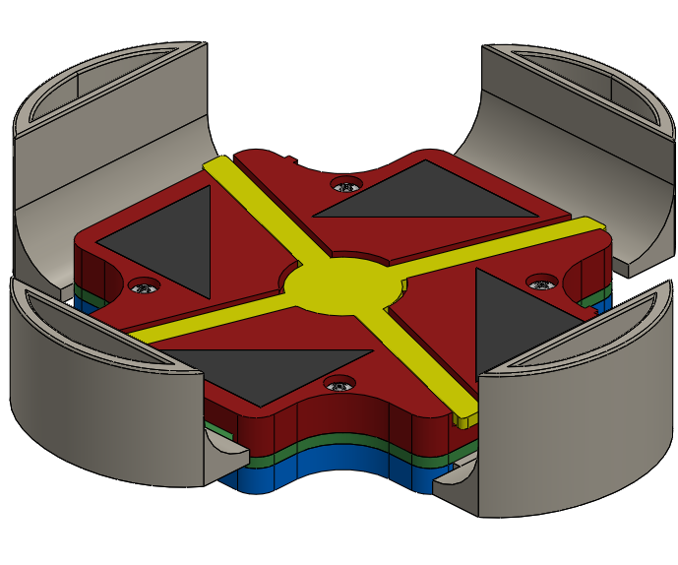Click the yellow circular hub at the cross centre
tap(341, 286)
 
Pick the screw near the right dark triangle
tap(539, 281)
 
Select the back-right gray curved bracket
tap(581, 148)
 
